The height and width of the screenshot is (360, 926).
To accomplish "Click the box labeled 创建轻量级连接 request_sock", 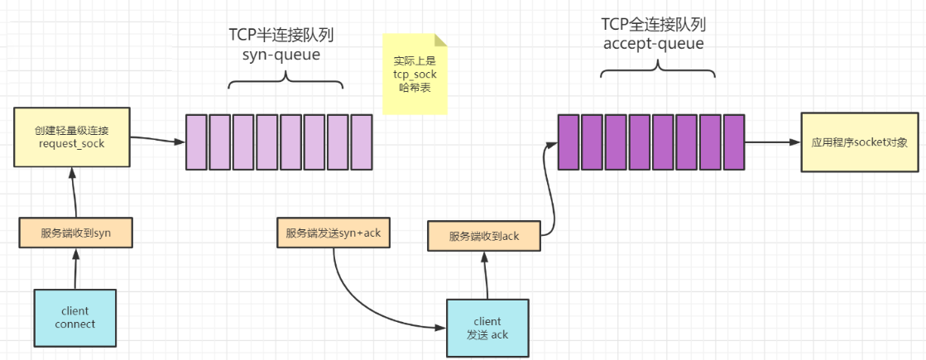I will pyautogui.click(x=72, y=138).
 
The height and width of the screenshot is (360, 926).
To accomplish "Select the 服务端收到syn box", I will pyautogui.click(x=75, y=233).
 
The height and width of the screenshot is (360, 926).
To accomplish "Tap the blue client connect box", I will pyautogui.click(x=75, y=317).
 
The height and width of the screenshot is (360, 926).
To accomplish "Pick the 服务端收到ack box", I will pyautogui.click(x=483, y=236).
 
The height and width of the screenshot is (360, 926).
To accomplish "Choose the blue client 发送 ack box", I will pyautogui.click(x=487, y=327).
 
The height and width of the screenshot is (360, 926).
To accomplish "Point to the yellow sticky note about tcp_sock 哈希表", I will pyautogui.click(x=414, y=74).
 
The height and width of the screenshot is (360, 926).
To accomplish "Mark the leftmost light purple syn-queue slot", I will pyautogui.click(x=195, y=142).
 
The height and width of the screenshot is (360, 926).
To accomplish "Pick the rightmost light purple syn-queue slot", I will pyautogui.click(x=362, y=142).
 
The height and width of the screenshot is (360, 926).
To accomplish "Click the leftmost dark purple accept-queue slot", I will pyautogui.click(x=568, y=142).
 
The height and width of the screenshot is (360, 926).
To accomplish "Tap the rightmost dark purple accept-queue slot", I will pyautogui.click(x=735, y=142).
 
